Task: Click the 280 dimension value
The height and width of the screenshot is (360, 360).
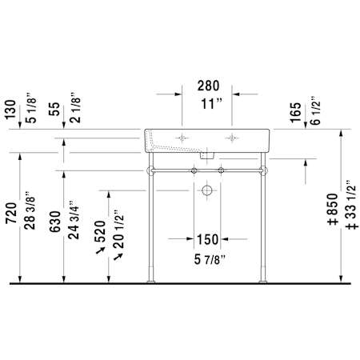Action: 208,86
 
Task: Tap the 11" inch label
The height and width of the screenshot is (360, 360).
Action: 211,104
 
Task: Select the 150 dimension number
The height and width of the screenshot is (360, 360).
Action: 207,239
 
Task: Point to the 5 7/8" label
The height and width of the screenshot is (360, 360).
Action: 210,259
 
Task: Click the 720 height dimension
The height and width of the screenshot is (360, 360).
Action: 12,213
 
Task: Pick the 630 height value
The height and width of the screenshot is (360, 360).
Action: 55,222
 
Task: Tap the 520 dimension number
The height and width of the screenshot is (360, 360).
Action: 100,231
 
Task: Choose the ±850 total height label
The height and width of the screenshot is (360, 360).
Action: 332,209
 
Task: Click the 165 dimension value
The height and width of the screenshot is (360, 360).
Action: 295,113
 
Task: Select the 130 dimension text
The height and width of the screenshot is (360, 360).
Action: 10,110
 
